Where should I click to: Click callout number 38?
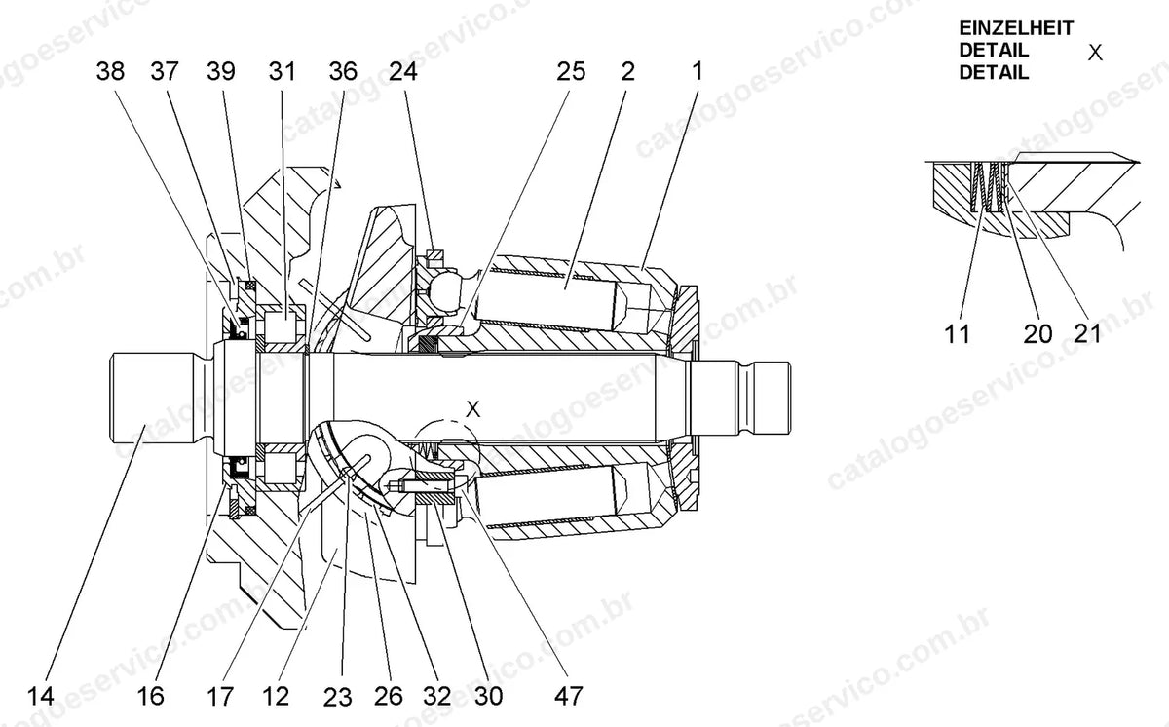pos(110,71)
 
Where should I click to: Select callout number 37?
pos(165,71)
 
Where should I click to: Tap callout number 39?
pos(221,71)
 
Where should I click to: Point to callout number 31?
pos(282,71)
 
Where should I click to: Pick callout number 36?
pos(343,71)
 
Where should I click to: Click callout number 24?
pos(403,71)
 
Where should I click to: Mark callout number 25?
pos(571,71)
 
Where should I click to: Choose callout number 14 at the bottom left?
pos(40,696)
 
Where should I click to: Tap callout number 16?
pos(150,696)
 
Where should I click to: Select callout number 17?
pos(220,696)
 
